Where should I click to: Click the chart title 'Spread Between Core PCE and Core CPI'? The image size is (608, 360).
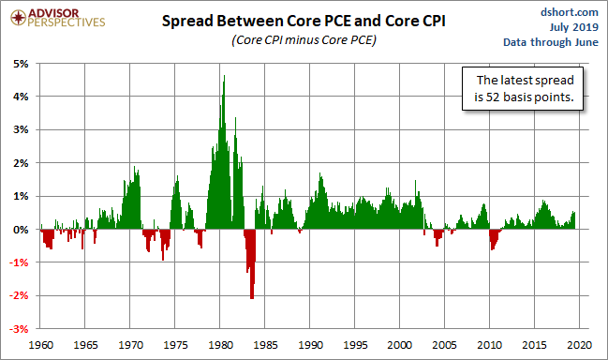[x=304, y=21]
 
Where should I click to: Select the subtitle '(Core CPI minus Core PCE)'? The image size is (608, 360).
[x=304, y=40]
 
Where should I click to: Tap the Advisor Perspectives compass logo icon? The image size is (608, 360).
[x=18, y=18]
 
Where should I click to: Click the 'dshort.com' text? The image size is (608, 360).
[x=570, y=12]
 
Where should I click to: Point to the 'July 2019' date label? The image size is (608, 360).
[x=574, y=27]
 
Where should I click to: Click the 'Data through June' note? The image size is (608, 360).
[x=551, y=42]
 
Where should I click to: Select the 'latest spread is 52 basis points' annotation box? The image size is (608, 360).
[x=523, y=88]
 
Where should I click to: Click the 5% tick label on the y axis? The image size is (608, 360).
[x=21, y=64]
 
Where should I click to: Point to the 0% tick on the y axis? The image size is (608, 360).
[x=21, y=230]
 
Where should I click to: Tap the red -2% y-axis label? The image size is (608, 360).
[x=19, y=295]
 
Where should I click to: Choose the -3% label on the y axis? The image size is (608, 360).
[x=19, y=329]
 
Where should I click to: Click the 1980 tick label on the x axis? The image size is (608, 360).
[x=220, y=345]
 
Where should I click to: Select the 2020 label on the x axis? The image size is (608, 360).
[x=579, y=345]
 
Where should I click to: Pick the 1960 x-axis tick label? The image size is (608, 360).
[x=40, y=345]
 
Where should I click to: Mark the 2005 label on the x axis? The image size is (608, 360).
[x=444, y=345]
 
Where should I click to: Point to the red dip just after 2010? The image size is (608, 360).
[x=493, y=238]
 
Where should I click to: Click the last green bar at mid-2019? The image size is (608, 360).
[x=574, y=220]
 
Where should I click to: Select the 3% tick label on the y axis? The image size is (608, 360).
[x=21, y=129]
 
